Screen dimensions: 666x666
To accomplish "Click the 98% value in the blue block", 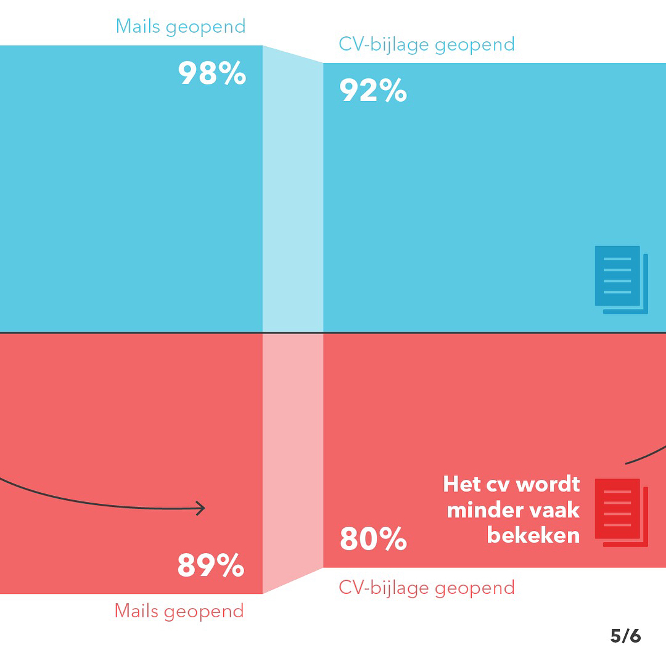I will tap(212, 73).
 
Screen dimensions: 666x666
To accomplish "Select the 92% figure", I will tap(373, 91).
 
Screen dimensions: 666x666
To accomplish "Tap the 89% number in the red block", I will tap(211, 565).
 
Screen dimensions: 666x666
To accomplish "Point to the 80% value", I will tap(373, 539).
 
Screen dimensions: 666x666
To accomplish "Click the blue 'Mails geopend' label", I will tap(181, 27).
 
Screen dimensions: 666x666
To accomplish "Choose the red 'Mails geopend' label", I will tap(179, 611).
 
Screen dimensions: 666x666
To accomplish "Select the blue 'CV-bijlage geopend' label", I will tap(427, 44).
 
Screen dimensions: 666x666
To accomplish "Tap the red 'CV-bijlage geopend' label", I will tap(427, 588).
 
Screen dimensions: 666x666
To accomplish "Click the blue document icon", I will tap(620, 279).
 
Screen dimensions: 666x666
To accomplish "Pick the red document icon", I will tap(620, 512).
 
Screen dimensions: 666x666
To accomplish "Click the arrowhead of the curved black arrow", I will tap(200, 509).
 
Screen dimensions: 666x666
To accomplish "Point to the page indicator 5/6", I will tap(625, 636).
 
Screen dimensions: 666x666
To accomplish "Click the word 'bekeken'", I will tap(533, 535).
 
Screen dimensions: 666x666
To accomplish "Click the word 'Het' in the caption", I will tap(462, 484).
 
